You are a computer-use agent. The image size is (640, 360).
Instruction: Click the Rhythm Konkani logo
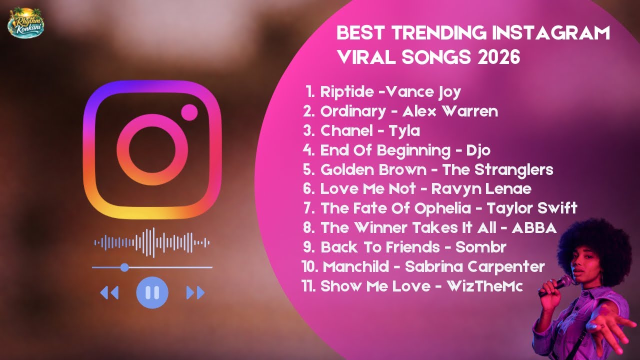point(26,21)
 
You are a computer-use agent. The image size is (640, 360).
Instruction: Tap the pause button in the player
point(152,292)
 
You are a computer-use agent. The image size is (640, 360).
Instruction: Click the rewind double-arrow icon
point(109,292)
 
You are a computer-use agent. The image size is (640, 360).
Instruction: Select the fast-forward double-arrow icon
point(195,292)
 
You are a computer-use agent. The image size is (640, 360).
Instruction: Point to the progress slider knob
point(124,267)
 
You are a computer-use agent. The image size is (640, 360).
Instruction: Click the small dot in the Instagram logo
point(189,112)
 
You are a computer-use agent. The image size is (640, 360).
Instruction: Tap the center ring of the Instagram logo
point(152,150)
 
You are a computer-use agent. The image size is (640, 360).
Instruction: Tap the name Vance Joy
point(424,92)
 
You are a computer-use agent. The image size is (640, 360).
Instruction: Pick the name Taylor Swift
point(532,208)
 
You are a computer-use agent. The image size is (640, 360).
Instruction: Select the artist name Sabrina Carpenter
point(474,267)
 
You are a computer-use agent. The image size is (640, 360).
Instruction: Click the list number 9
point(308,247)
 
